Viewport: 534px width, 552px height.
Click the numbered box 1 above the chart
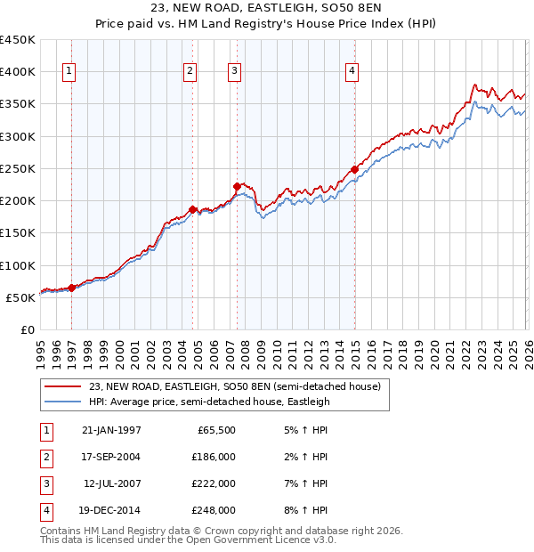pos(69,72)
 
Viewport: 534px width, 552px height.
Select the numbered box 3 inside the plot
pos(234,72)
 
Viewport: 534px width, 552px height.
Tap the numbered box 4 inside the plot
pos(352,72)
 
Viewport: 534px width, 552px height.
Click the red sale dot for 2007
pos(237,187)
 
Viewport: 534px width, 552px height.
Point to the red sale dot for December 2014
pos(354,169)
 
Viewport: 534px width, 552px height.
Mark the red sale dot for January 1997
pos(72,287)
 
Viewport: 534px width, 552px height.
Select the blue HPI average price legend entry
pos(209,402)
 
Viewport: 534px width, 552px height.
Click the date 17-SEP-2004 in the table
pos(111,456)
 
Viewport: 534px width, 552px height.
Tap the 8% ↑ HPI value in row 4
pos(303,510)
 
